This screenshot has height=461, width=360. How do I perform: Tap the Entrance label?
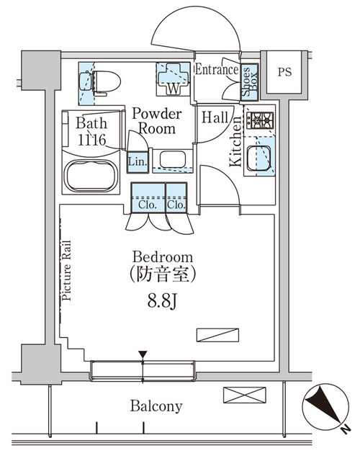[x=217, y=70]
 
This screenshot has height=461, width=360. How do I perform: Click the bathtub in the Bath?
[x=91, y=175]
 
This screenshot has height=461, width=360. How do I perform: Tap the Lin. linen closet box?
[x=137, y=161]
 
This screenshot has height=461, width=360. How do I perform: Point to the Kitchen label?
[x=235, y=148]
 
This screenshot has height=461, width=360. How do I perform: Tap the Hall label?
[x=216, y=117]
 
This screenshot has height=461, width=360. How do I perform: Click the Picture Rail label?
[x=66, y=270]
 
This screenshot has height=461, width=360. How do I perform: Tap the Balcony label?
[x=156, y=406]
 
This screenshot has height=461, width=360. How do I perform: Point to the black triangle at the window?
[x=143, y=354]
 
